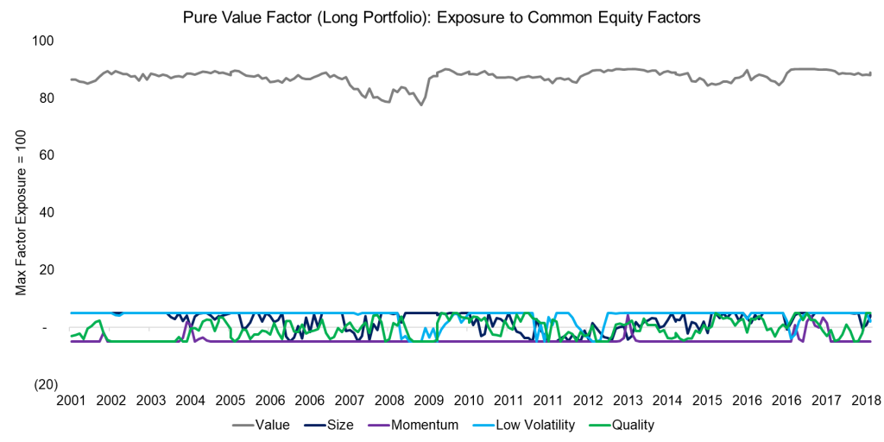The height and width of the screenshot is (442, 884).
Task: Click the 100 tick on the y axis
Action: click(43, 41)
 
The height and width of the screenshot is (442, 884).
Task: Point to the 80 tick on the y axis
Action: click(46, 98)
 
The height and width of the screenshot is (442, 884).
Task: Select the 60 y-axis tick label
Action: click(46, 155)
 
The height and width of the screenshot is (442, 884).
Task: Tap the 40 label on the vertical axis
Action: click(46, 212)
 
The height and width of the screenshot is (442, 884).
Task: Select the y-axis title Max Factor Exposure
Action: click(21, 213)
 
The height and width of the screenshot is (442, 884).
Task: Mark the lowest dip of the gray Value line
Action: click(421, 104)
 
